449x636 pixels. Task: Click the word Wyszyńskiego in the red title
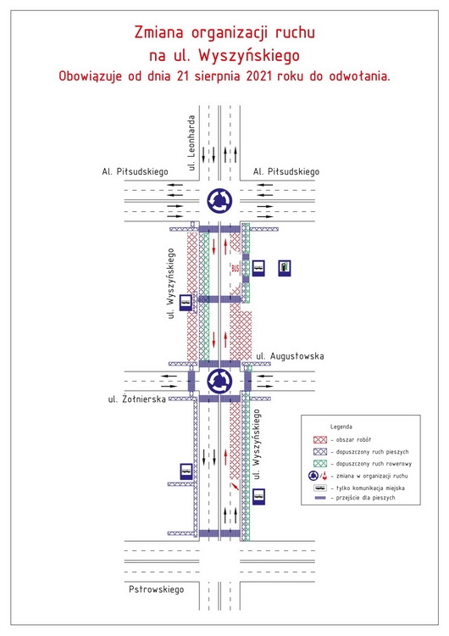249,56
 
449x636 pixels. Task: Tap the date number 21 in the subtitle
182,75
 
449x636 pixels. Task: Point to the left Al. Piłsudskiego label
135,171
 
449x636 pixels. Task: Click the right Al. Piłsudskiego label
286,171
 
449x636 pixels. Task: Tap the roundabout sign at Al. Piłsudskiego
219,200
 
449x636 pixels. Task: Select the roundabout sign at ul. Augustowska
219,382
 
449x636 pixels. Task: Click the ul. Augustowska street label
290,356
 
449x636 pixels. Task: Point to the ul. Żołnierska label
137,399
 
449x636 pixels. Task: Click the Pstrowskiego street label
157,589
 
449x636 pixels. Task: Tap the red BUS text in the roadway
236,268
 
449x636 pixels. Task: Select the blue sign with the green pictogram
285,268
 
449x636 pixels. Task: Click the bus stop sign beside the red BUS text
258,268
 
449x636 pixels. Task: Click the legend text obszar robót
353,439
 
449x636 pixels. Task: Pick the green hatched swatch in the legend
320,464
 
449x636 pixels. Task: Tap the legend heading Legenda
341,427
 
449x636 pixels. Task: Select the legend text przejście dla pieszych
365,498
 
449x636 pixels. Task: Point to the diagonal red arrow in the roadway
235,486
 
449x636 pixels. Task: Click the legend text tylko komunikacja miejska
370,488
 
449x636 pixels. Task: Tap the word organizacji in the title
230,33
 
